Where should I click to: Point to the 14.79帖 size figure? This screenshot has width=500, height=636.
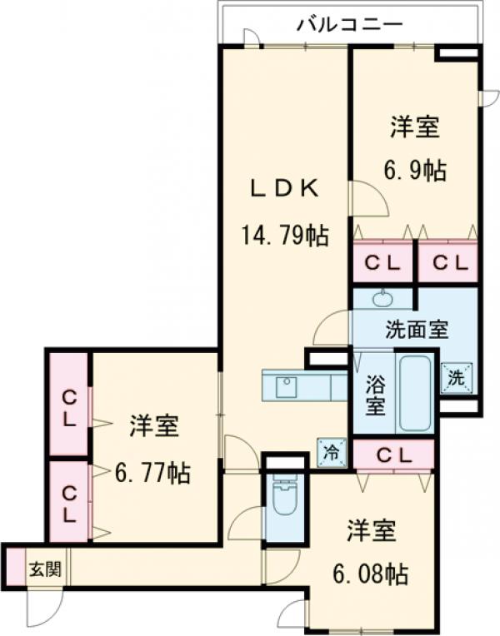[x=284, y=235]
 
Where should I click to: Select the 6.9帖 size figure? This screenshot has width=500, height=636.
[x=414, y=171]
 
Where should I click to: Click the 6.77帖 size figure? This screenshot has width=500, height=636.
[x=153, y=474]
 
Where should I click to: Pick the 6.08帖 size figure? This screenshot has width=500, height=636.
[x=371, y=574]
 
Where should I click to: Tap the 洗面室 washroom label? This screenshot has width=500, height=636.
[x=417, y=330]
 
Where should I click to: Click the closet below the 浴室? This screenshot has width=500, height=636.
[x=393, y=455]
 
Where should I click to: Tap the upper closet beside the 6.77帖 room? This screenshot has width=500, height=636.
[x=68, y=405]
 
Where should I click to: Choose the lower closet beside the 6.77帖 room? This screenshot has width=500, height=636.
[x=68, y=503]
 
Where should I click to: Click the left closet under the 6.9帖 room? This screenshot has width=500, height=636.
[x=382, y=262]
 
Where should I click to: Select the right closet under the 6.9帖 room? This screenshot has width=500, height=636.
[x=448, y=262]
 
